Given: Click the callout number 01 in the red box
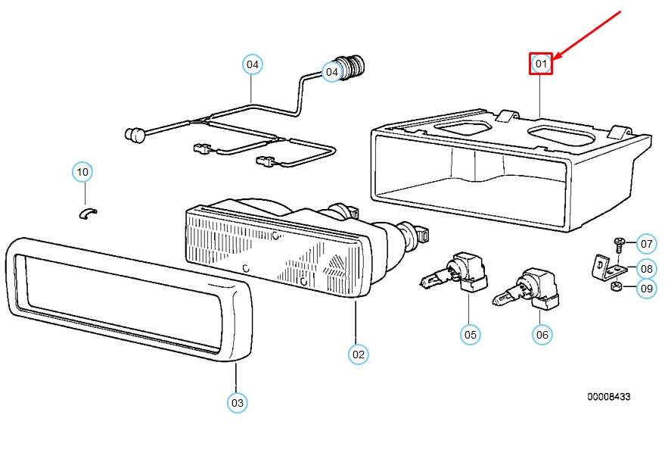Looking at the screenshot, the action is [541, 64].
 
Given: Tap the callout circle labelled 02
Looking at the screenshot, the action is [359, 354].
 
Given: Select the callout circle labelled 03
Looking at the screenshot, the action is [237, 402].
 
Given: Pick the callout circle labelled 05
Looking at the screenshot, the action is [471, 335].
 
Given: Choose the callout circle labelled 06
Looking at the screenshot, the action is [542, 335].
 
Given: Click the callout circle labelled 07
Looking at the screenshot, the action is [646, 244].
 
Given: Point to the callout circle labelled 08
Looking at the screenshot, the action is [646, 268].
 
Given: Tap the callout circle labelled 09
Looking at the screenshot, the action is [646, 289].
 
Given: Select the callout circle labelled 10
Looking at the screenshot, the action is [82, 172].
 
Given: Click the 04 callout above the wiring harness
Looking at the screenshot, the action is [253, 64].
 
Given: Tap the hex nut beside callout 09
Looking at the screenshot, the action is [616, 286].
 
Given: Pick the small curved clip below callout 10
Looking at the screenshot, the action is [88, 213].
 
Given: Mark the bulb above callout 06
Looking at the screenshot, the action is [526, 289].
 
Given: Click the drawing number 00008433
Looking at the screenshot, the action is [608, 397].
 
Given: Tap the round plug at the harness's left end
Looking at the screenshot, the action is [134, 135].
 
